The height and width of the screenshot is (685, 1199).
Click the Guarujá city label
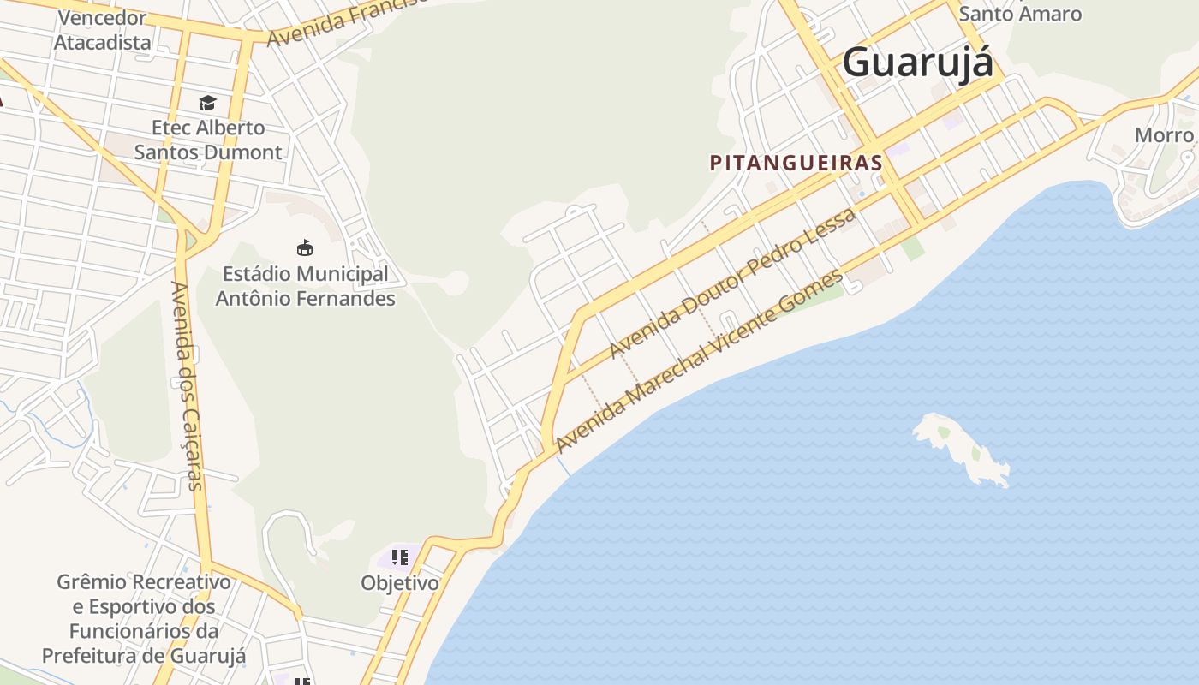pos(917,63)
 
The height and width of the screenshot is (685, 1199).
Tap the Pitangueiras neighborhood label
pos(796,163)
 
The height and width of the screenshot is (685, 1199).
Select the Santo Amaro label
pos(1020,14)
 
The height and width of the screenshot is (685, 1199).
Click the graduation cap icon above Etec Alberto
pos(207,104)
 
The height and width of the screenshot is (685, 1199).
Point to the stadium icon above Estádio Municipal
pos(304,248)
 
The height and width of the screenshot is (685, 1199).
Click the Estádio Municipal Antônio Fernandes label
pos(305,286)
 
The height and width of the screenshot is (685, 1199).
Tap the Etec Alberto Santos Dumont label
pos(208,140)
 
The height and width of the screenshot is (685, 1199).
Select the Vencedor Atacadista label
pos(103,30)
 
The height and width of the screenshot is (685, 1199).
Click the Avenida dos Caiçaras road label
pos(187,385)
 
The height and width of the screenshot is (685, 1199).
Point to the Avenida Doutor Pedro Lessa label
pos(732,283)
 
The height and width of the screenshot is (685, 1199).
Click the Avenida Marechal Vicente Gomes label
pos(699,360)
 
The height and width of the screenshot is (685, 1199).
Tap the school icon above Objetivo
pos(399,557)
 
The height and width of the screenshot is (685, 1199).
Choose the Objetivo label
pos(399,583)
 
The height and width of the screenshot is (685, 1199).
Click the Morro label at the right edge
pos(1164,135)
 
